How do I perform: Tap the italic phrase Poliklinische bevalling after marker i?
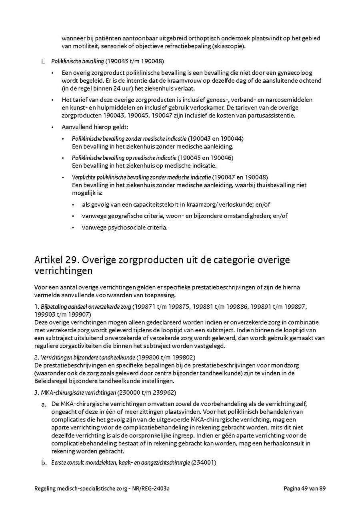point(77,61)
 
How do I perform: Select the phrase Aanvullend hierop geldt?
point(95,127)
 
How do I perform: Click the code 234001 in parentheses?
point(204,463)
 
